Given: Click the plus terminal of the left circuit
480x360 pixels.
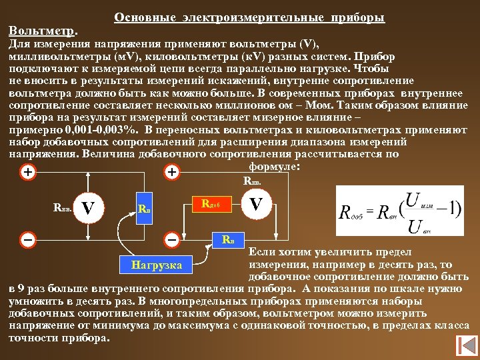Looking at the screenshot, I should (27, 172).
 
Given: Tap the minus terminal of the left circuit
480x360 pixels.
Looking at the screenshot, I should (27, 238).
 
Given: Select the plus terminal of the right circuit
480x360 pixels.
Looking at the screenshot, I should (171, 172).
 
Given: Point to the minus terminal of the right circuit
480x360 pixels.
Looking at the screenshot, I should (171, 238).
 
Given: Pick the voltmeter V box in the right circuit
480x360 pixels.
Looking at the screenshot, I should (255, 203).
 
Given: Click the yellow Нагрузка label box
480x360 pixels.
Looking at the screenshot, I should (157, 265).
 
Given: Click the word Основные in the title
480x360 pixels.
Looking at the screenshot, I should (138, 16).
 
